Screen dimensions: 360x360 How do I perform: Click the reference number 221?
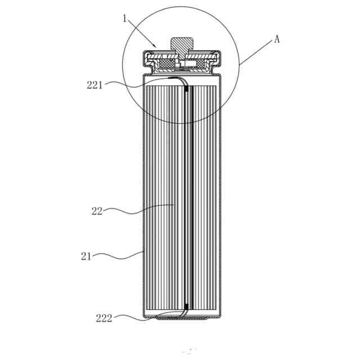point(94,85)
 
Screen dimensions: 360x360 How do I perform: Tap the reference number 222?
point(103,318)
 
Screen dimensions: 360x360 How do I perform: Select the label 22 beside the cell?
point(97,211)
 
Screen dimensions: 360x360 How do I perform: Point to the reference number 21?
point(86,256)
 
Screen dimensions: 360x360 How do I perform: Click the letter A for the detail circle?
point(277,39)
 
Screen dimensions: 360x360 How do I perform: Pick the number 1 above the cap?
point(125,19)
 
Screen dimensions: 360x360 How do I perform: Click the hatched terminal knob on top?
point(182,47)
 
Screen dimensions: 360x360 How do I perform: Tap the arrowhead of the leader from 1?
point(155,46)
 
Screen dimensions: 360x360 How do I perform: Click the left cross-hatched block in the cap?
point(167,64)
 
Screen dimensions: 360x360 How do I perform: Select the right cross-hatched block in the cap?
point(200,64)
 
